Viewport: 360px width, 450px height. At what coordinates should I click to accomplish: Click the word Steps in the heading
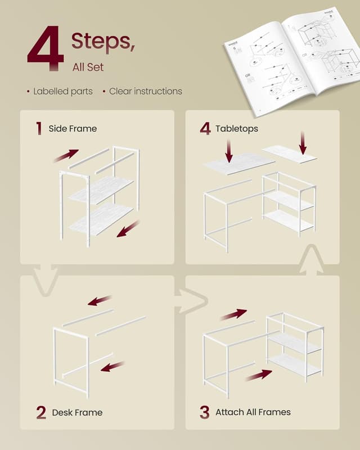(102, 41)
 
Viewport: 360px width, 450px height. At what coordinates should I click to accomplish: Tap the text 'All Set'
(88, 67)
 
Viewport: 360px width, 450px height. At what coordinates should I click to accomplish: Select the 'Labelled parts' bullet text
(62, 91)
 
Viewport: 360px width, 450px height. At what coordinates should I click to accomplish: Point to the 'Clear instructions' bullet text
(145, 91)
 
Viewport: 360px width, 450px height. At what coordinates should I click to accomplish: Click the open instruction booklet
(291, 59)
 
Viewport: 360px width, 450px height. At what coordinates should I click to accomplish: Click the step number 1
(38, 129)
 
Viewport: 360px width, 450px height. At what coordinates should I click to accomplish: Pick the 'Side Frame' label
(73, 129)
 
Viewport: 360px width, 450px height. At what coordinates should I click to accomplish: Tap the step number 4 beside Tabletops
(205, 129)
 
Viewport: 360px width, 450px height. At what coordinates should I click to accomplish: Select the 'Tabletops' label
(237, 129)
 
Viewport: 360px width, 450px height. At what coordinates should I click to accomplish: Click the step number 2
(40, 412)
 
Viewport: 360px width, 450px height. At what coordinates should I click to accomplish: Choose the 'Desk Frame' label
(77, 412)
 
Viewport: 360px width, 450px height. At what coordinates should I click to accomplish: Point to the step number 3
(204, 412)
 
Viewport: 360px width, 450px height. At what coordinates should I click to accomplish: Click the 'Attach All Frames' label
(253, 412)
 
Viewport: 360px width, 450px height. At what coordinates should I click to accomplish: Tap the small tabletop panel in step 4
(290, 154)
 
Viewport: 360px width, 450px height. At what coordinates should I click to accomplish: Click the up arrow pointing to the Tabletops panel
(310, 261)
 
